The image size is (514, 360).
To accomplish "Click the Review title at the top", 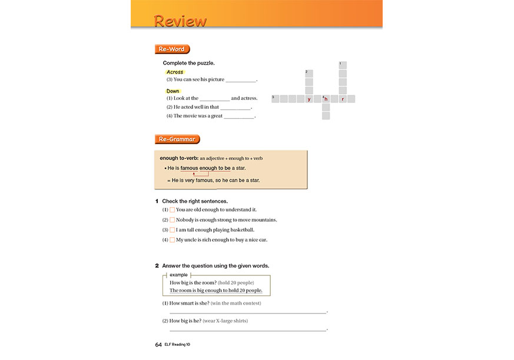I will (x=180, y=21).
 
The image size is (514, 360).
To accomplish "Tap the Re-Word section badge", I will (x=171, y=49).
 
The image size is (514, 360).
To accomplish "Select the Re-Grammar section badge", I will (x=177, y=139).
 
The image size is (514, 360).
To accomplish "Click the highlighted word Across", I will (x=175, y=72).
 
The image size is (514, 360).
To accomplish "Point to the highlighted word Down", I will (x=173, y=91).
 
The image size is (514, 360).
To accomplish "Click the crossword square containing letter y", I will (x=309, y=99).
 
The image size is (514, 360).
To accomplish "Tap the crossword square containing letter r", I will (x=343, y=99).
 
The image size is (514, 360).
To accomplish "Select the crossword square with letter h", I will (x=326, y=99).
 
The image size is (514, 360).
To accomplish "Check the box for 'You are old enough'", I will (x=173, y=209).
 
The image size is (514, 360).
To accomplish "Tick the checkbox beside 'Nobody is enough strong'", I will (x=173, y=219).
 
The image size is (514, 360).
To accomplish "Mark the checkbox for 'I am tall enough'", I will (x=173, y=229).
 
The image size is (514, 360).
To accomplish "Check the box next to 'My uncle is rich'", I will (x=173, y=239).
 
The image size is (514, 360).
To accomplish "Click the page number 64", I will (x=158, y=345).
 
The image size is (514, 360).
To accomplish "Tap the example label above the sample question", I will (x=178, y=275).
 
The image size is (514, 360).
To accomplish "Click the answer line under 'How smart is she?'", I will (x=247, y=312).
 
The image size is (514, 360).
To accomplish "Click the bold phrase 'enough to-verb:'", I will (x=179, y=158).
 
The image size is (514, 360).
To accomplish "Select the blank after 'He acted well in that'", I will (x=235, y=108).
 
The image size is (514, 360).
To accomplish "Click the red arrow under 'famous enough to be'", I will (x=194, y=174).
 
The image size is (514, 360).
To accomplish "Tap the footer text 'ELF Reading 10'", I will (x=177, y=345).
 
